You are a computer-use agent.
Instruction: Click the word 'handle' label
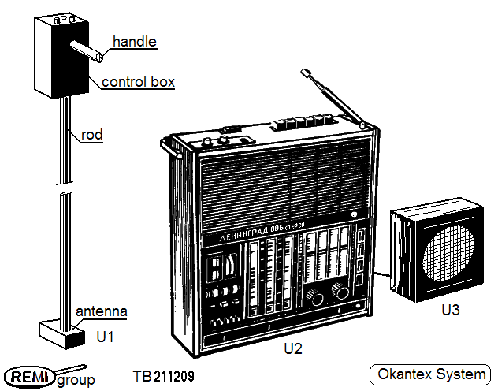135,41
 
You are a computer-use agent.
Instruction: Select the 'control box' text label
138,81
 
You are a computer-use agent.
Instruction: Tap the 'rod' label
91,135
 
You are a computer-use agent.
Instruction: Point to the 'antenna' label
102,311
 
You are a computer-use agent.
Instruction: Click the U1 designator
106,337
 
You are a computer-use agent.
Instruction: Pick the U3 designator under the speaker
450,310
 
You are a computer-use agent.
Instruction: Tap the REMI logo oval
29,374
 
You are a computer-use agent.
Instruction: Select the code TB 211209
164,377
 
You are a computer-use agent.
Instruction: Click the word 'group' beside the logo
76,380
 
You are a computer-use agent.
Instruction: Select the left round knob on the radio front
317,297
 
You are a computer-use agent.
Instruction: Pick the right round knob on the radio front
342,292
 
